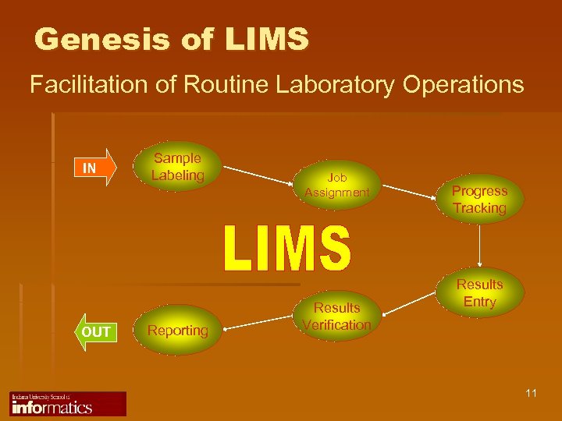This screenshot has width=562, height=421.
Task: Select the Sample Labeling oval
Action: pos(177,167)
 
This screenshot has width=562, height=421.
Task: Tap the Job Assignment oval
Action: pos(337,185)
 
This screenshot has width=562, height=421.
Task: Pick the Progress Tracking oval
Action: pos(479,199)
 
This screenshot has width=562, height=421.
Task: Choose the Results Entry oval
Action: pos(479,292)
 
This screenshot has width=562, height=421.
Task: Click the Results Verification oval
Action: pos(337,316)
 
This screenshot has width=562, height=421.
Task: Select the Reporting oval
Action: pos(178,331)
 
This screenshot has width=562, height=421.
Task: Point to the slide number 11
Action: pos(531,393)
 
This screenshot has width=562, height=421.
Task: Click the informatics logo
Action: pos(67,404)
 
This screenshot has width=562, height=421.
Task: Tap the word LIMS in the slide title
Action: pos(265,39)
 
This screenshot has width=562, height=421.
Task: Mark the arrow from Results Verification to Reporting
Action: pos(258,324)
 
